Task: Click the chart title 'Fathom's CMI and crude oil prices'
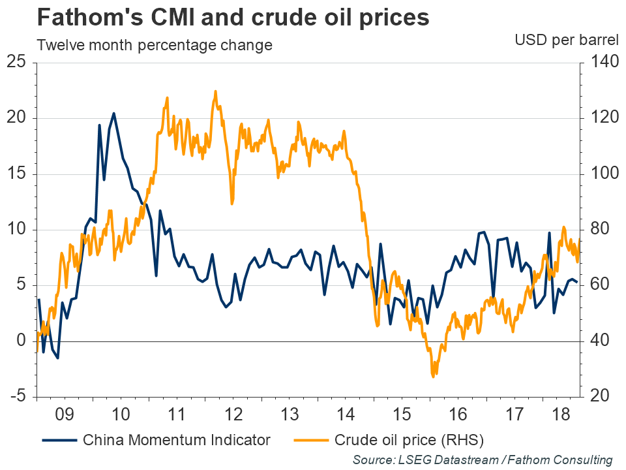click(233, 18)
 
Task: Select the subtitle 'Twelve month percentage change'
click(155, 46)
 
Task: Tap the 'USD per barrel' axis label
click(566, 40)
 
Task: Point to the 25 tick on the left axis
click(16, 63)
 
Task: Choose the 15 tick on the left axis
click(16, 174)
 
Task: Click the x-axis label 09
click(65, 415)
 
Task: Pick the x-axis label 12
click(233, 415)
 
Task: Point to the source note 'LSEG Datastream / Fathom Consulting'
click(483, 460)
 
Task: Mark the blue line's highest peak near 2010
click(113, 114)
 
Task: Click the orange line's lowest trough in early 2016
click(433, 376)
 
